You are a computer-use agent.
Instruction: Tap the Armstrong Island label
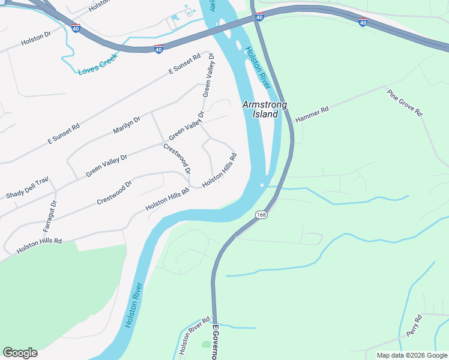point(264,109)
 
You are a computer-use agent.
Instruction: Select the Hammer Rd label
point(312,115)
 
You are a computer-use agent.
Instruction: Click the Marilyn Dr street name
point(127,125)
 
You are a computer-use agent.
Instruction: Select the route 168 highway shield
point(262,215)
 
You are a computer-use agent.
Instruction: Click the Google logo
point(20,353)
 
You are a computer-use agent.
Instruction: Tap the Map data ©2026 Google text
point(412,355)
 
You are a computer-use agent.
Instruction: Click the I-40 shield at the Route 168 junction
point(259,17)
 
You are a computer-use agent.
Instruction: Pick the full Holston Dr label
point(36,40)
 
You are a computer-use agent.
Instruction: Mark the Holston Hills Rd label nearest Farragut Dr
point(40,245)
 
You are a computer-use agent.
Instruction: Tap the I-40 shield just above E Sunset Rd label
point(158,49)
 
